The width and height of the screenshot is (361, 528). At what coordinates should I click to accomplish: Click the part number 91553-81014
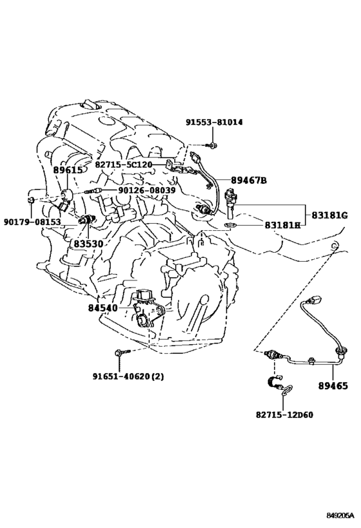point(214,122)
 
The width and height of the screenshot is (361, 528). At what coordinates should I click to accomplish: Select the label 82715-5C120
point(124,164)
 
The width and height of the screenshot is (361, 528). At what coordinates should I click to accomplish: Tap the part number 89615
point(68,170)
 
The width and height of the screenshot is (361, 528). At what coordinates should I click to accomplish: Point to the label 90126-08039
point(146,191)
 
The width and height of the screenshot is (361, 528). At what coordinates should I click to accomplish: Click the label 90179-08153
point(32,222)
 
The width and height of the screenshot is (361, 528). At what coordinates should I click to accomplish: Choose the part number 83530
point(88,244)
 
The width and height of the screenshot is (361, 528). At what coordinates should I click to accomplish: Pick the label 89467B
point(249,181)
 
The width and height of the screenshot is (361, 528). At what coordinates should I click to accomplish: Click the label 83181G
point(329,215)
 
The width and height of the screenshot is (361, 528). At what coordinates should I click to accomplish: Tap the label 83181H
point(282,224)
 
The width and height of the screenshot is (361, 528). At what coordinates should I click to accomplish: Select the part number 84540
point(103,308)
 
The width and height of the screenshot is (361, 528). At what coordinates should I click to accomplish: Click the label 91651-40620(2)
point(128,376)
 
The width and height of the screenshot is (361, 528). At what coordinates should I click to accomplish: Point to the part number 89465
point(333,386)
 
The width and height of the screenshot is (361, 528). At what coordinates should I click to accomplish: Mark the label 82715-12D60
point(284,415)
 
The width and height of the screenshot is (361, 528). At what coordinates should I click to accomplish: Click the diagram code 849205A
point(340,515)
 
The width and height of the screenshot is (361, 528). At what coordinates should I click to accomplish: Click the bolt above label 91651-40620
point(122,352)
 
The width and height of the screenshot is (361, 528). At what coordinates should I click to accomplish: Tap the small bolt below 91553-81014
point(212,146)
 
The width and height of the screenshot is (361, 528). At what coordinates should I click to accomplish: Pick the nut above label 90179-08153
point(30,200)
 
